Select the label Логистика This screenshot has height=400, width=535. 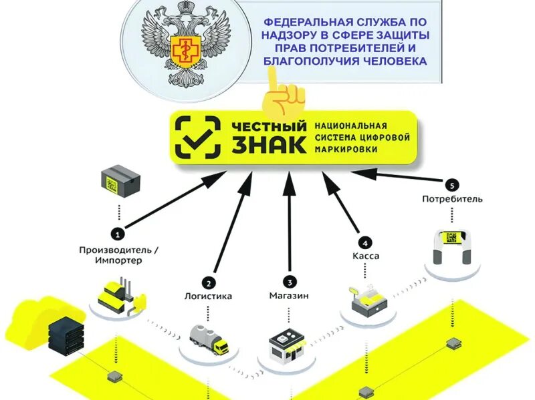pos(209,296)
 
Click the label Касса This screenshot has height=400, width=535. pos(364,256)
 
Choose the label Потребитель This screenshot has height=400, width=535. pos(452,198)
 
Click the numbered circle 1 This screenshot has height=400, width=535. pos(118,234)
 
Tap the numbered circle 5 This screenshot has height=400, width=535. pos(452,184)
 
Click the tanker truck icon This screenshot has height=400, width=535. pos(208,339)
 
